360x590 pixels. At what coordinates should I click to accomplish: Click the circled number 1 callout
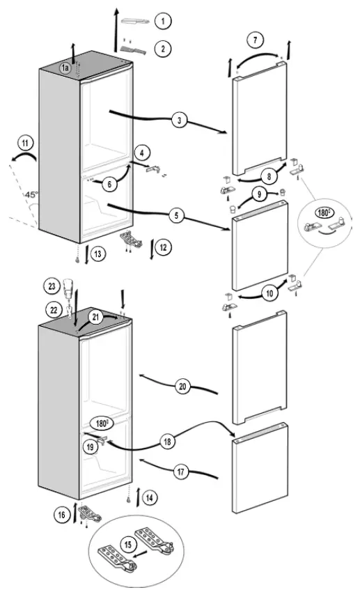point(163,22)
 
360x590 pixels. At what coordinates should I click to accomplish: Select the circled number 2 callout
point(163,48)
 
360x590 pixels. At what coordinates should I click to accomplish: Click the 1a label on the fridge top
point(65,68)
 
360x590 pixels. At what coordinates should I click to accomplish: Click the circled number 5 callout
point(179,216)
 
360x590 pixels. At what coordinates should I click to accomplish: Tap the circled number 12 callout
point(163,247)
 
